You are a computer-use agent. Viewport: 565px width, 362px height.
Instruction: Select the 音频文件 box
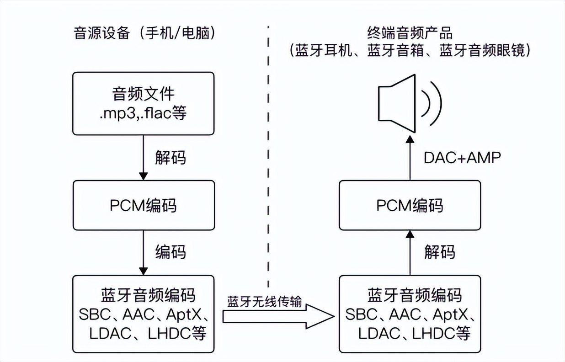tap(144, 103)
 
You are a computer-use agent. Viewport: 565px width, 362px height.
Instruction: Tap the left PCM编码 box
tap(144, 205)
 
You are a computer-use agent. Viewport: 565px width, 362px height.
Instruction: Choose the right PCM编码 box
tap(410, 205)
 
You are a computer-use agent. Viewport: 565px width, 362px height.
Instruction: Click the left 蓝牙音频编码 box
tap(144, 314)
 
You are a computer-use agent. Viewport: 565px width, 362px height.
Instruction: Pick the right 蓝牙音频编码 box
tap(410, 314)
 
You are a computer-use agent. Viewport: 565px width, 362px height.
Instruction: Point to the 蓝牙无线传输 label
tap(265, 302)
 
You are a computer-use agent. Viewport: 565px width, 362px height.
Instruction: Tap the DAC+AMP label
tap(462, 157)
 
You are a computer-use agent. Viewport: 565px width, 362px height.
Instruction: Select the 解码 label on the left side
tap(170, 158)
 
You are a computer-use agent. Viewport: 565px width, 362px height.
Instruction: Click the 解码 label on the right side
tap(439, 251)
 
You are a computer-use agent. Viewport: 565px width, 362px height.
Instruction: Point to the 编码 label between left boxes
tap(170, 251)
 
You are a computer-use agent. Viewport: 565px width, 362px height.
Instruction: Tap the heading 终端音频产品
tap(409, 33)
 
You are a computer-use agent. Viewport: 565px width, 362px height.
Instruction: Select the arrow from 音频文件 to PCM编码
tap(144, 157)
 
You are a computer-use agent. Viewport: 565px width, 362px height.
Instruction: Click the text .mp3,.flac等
tap(144, 113)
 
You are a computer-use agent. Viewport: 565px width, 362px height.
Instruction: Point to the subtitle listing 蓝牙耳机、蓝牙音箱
tap(410, 50)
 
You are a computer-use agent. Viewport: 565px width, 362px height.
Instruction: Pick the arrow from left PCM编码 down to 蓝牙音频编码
tap(144, 251)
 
